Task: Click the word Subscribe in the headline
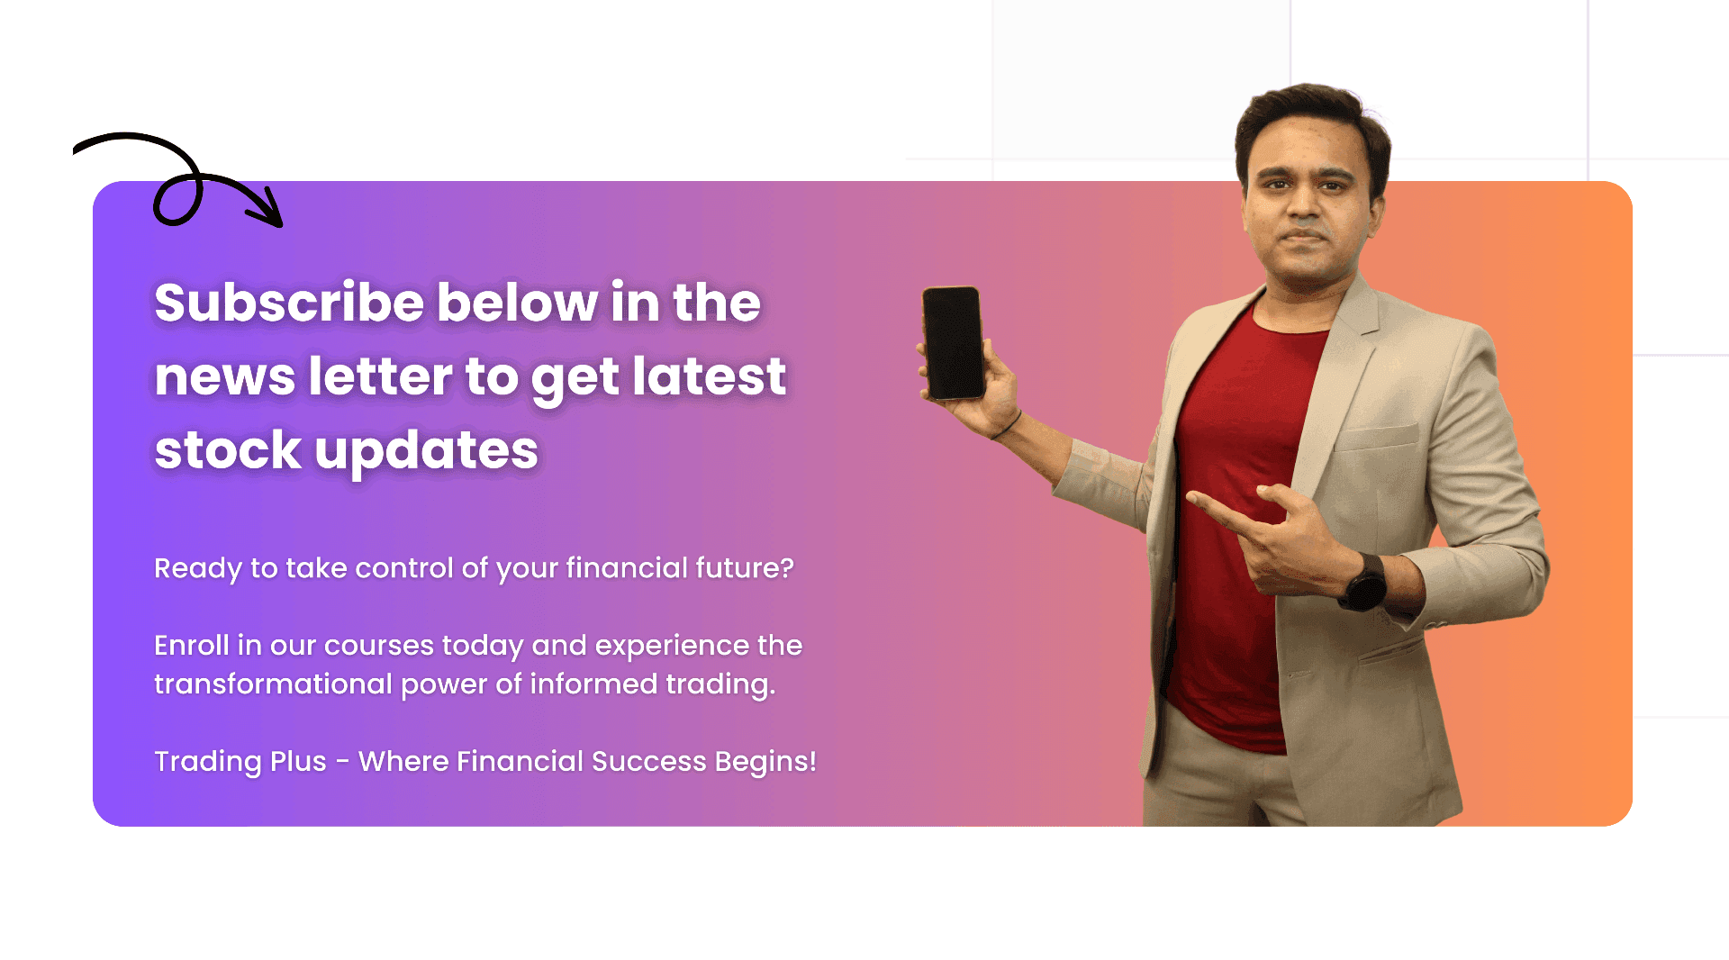[289, 302]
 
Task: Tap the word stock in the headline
[228, 449]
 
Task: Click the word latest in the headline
[710, 376]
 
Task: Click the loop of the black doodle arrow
[177, 198]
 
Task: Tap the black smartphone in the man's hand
[953, 342]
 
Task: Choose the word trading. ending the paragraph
[720, 685]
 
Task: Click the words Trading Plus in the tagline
[240, 762]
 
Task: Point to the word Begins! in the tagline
[765, 762]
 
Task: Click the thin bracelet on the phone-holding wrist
[1006, 426]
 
